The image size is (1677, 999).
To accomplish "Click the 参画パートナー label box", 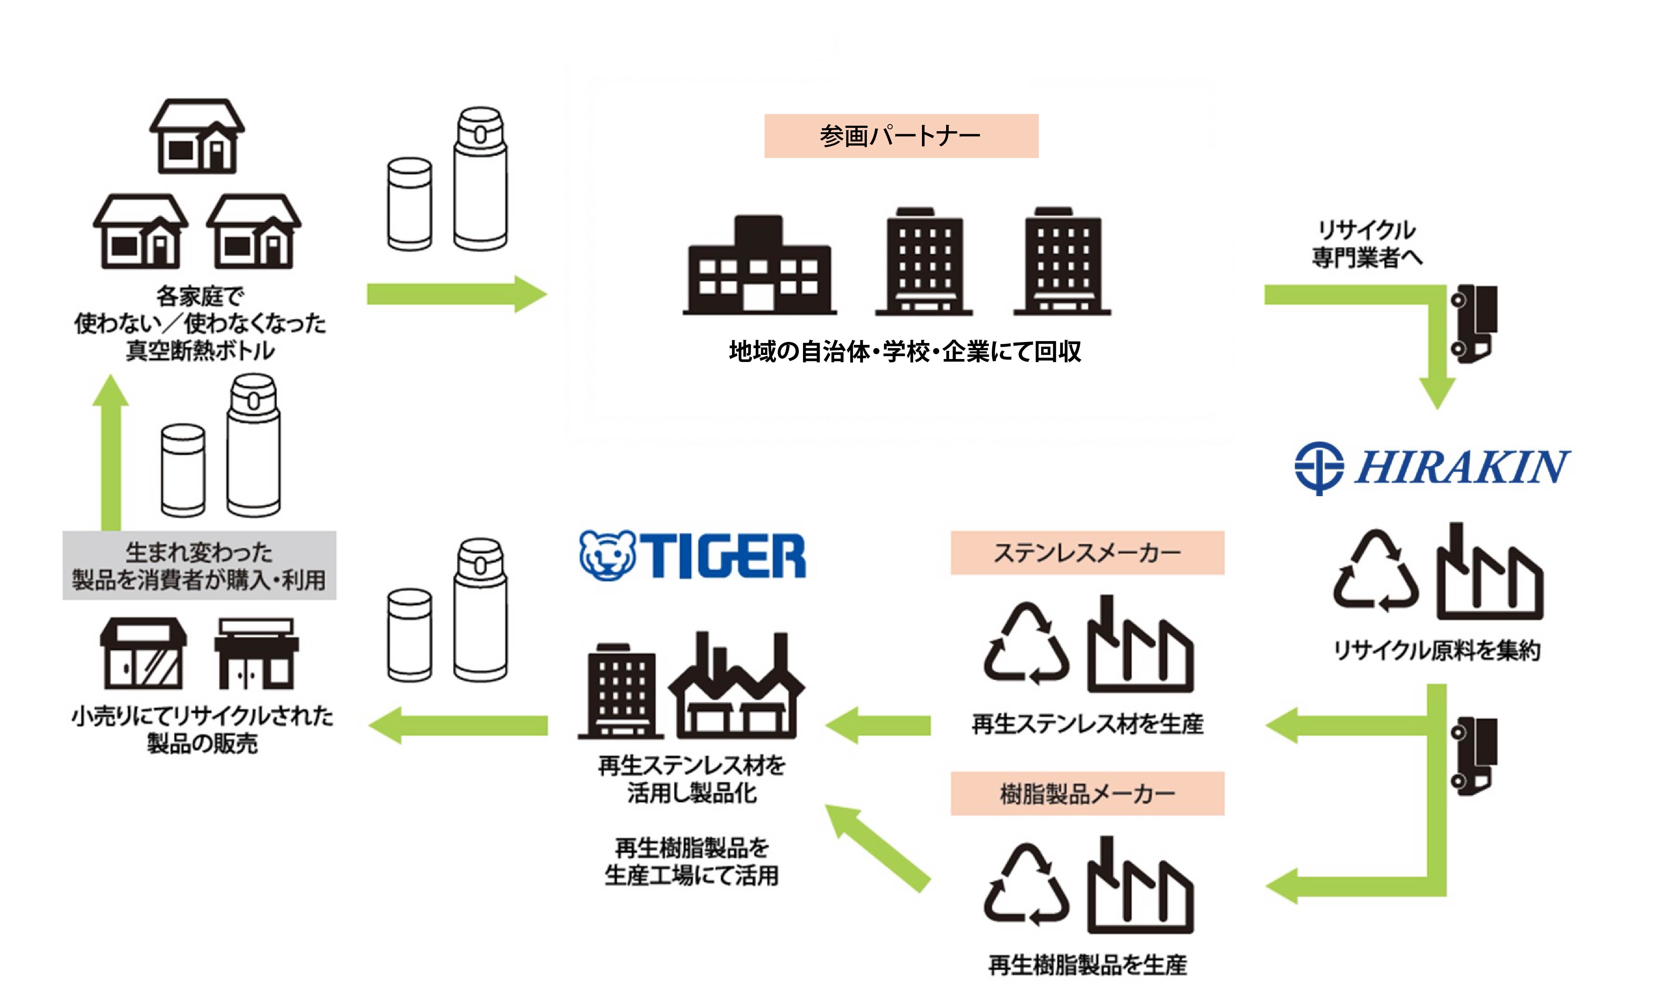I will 901,136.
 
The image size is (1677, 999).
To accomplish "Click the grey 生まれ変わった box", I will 199,566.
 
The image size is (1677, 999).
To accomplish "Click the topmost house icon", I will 197,137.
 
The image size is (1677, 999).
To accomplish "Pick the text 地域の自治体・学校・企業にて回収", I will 905,352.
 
